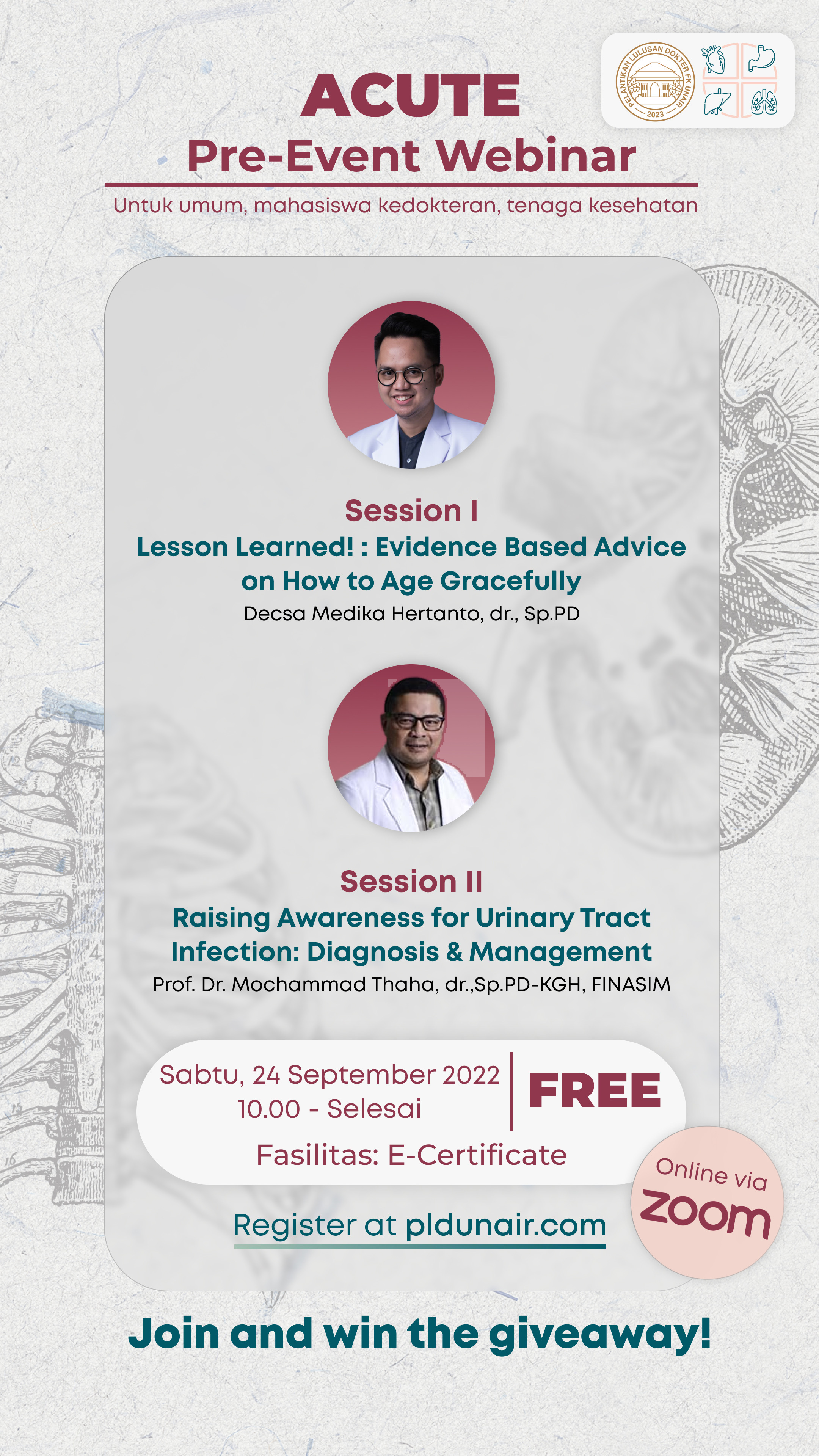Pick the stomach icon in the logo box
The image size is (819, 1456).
761,58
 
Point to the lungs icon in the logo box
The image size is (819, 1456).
764,102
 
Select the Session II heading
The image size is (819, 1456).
411,881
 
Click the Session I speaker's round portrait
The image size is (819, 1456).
411,385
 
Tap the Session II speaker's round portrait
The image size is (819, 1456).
411,748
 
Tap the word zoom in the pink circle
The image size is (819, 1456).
706,1214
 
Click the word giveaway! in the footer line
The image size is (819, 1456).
600,1334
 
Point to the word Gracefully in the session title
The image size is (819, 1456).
510,581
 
